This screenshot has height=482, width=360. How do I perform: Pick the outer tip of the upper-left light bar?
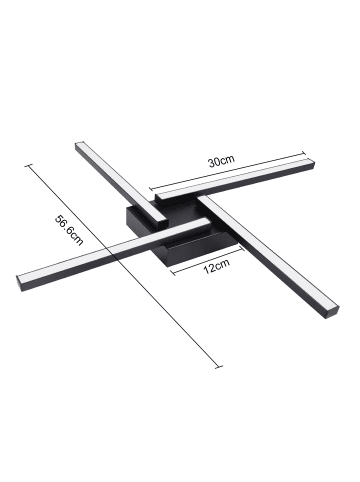[x=78, y=146]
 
